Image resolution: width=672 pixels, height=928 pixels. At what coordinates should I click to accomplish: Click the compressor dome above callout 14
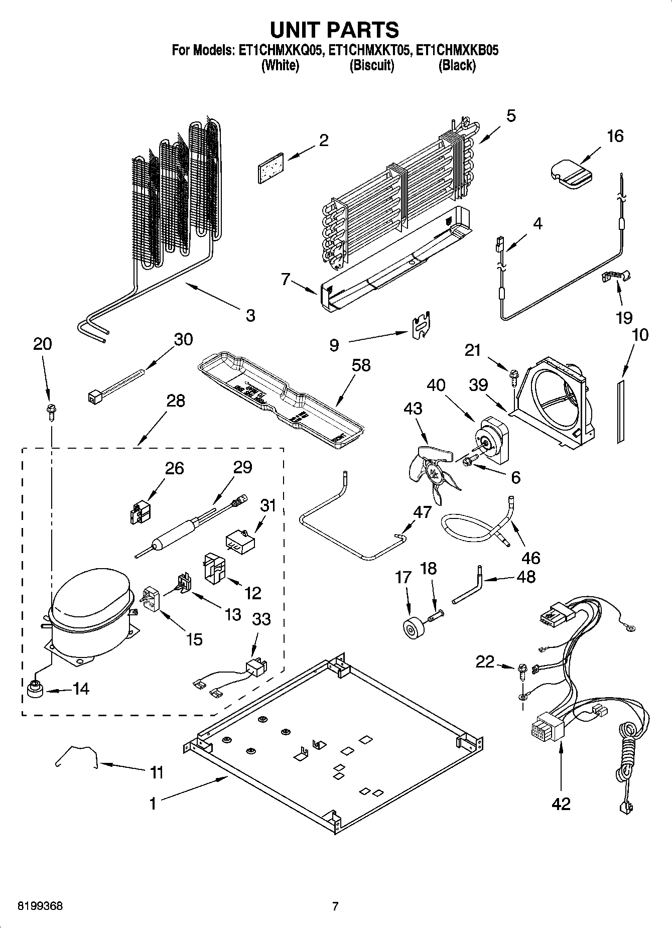coord(90,600)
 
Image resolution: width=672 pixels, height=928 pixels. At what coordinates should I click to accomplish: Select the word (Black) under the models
coord(457,65)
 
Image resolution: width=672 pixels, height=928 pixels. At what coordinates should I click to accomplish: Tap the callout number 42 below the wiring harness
coord(561,804)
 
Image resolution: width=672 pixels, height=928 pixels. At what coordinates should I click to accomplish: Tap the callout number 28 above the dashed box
coord(176,401)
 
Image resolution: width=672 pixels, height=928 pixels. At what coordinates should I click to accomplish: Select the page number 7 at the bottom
coord(335,906)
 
